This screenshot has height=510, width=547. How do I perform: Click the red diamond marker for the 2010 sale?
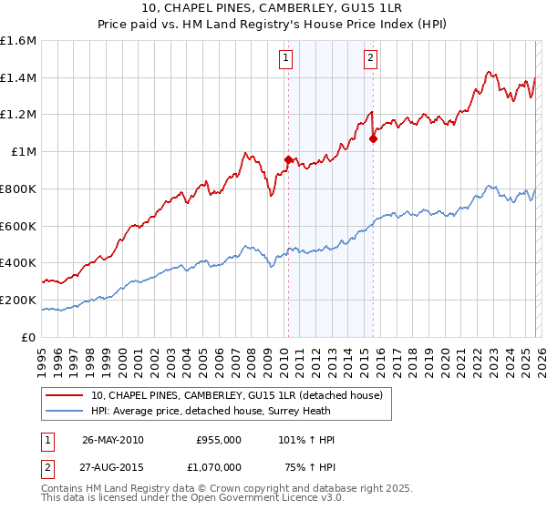click(x=288, y=159)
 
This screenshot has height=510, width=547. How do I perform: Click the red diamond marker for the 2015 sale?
click(x=373, y=138)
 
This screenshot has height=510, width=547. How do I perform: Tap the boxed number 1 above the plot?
click(x=286, y=59)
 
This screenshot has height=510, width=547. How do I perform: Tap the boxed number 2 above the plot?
click(x=371, y=59)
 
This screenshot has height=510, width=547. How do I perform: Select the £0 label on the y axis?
click(x=29, y=337)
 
